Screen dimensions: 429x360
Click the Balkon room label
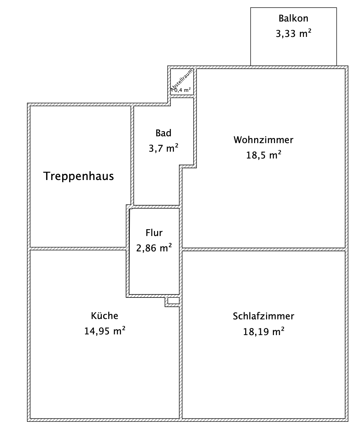(x=293, y=18)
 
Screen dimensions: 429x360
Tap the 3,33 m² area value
(x=293, y=33)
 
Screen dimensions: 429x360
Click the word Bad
(x=163, y=133)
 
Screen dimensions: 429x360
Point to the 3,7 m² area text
(x=163, y=149)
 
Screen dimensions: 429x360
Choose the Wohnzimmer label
(x=263, y=140)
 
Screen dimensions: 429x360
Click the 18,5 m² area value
(x=263, y=155)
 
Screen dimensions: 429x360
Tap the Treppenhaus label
(x=79, y=176)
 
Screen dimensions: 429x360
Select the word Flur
(x=154, y=233)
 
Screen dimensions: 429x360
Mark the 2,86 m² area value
(x=154, y=248)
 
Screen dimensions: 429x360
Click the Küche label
(x=105, y=316)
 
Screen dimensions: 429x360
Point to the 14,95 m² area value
(x=105, y=331)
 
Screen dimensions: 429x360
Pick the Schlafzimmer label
(x=263, y=316)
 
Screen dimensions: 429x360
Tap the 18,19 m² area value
(x=263, y=332)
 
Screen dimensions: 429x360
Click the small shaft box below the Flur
(x=174, y=301)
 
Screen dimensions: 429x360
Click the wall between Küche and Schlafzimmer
(x=181, y=359)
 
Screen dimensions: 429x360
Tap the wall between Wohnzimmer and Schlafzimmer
(x=263, y=249)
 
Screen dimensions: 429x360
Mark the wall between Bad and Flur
(x=156, y=207)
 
